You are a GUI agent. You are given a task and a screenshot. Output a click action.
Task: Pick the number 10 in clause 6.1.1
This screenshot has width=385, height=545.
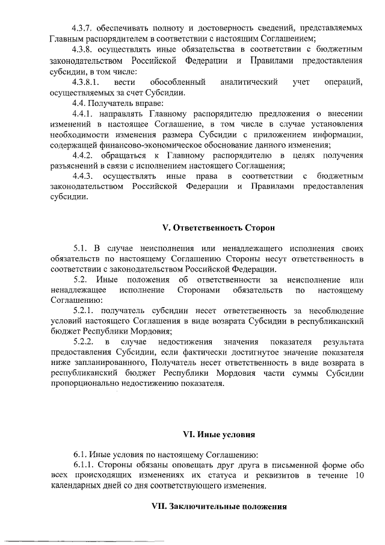(x=359, y=476)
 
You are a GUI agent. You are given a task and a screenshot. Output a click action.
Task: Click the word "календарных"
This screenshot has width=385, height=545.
(x=75, y=487)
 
